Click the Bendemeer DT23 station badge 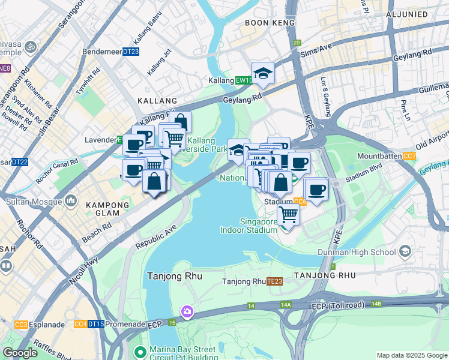pos(131,52)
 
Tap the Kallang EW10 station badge pos(243,80)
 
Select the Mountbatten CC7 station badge pos(409,157)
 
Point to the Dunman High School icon pos(405,251)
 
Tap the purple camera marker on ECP pos(187,311)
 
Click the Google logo pos(20,353)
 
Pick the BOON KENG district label pos(270,23)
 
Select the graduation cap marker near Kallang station pos(263,73)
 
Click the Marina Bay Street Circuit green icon pos(140,351)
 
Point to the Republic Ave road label pos(156,236)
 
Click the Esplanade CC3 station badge pos(21,325)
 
